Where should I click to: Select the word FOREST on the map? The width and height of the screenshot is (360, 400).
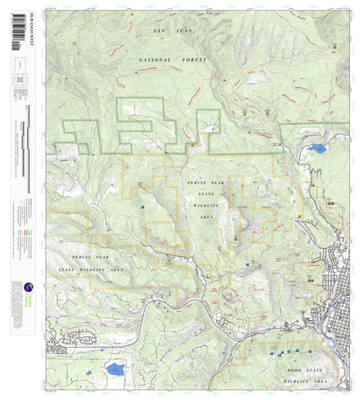click(193, 59)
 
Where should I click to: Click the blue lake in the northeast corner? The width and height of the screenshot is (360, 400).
click(317, 148)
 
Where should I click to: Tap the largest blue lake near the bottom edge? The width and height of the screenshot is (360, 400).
click(114, 369)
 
